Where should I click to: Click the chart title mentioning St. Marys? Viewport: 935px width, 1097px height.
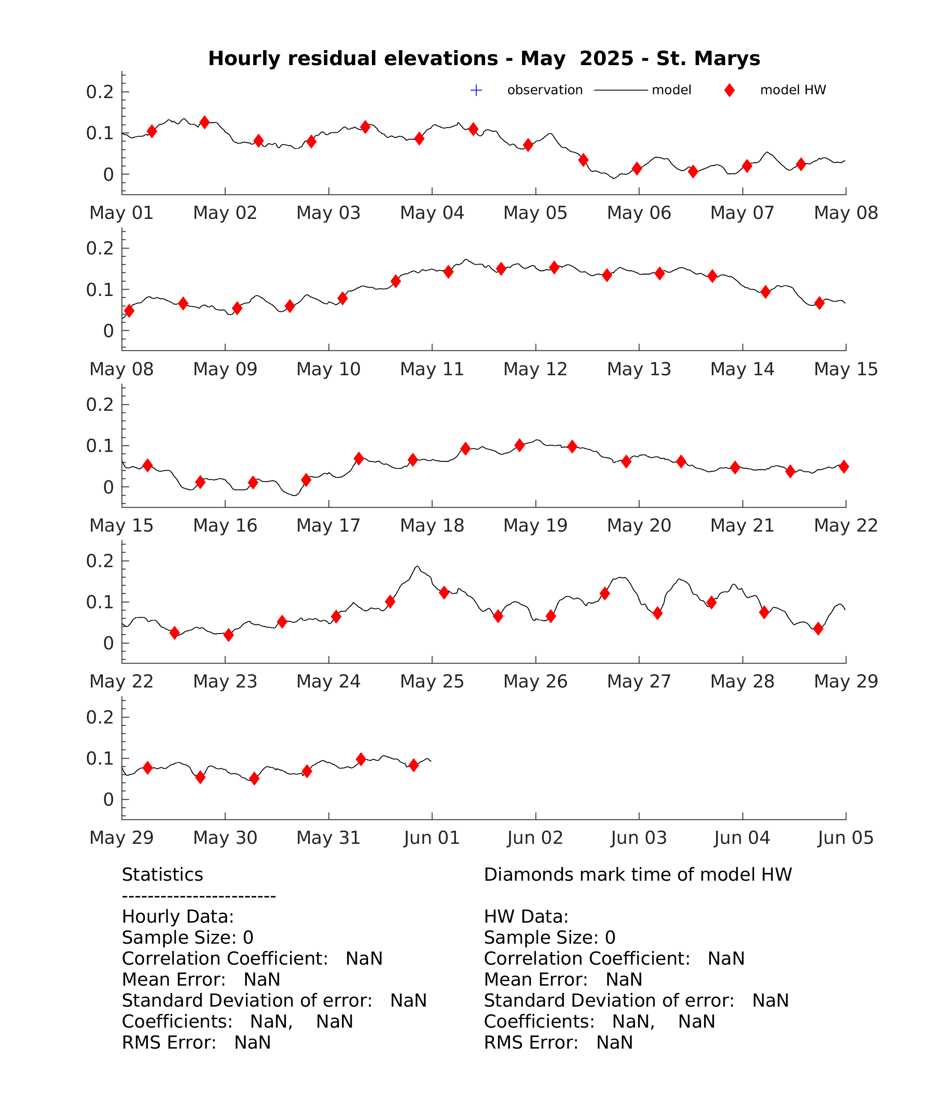(484, 58)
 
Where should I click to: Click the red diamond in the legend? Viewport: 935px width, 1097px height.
(729, 90)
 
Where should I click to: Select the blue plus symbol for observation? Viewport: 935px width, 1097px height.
(476, 90)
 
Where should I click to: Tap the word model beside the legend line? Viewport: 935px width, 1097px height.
(671, 90)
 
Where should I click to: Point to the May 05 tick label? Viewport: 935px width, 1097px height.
(535, 213)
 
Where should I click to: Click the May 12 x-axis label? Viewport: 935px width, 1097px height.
(535, 369)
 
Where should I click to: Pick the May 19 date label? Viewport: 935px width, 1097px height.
(535, 525)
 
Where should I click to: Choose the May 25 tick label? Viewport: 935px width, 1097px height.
(432, 682)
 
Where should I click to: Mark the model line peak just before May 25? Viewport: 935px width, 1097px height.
(417, 567)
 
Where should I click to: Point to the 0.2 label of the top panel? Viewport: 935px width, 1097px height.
(100, 92)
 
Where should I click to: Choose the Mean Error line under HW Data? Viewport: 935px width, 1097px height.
(563, 980)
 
